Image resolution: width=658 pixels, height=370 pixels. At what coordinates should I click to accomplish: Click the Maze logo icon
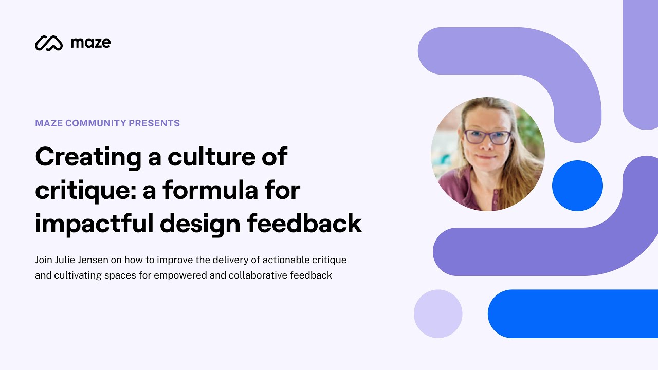(x=48, y=43)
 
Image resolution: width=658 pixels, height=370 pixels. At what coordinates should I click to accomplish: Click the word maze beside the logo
(x=90, y=43)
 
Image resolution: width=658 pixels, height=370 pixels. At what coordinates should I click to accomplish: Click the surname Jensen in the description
(x=93, y=260)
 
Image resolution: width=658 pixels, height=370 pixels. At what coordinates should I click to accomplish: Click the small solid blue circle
(x=577, y=186)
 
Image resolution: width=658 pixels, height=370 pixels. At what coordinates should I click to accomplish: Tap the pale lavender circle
(x=438, y=313)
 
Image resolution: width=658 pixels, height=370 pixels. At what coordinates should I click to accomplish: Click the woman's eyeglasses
(x=487, y=137)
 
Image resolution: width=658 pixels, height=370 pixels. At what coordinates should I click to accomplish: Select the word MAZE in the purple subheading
(x=49, y=123)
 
